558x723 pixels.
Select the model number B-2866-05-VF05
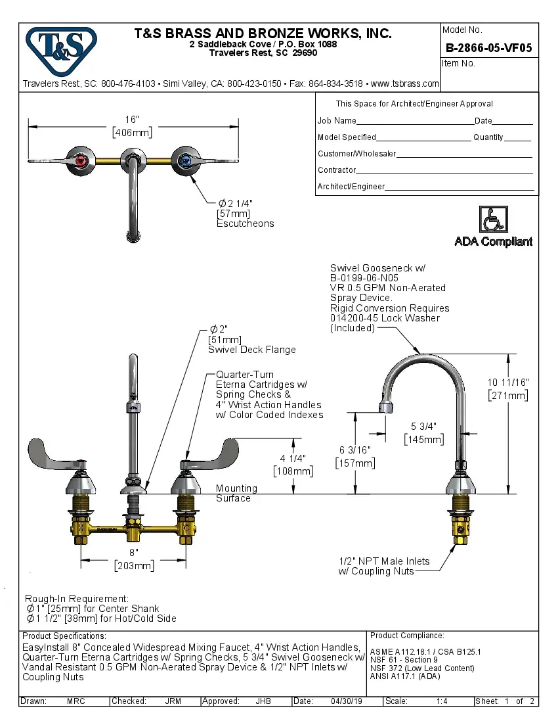click(x=488, y=47)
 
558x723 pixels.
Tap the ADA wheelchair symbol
click(x=493, y=219)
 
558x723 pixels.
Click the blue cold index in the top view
click(x=185, y=160)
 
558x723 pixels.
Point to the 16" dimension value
click(x=132, y=120)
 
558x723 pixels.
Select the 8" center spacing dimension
click(x=133, y=553)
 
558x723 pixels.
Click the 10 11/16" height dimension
click(x=507, y=383)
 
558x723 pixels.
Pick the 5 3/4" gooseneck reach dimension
click(x=423, y=427)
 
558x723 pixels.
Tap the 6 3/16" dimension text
click(x=354, y=450)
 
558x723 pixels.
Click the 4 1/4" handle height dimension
click(x=293, y=458)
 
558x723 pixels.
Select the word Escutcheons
click(x=245, y=223)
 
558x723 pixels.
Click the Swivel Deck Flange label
click(x=251, y=350)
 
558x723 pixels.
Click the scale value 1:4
click(x=442, y=701)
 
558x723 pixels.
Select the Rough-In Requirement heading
click(x=76, y=599)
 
